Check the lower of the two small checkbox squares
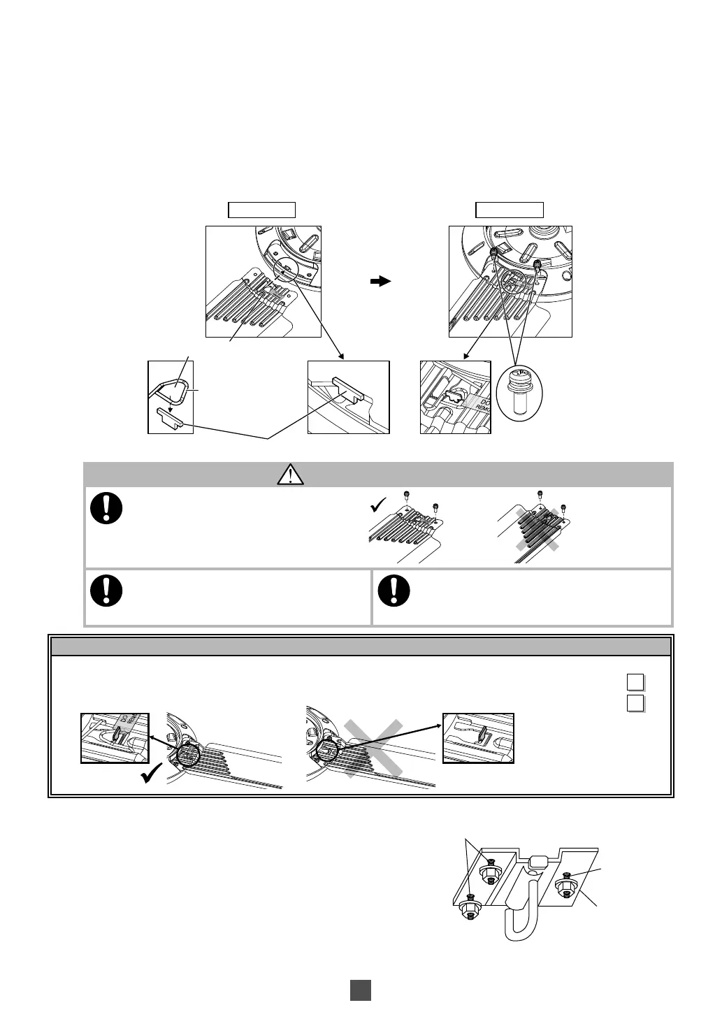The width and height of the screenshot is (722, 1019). (x=635, y=702)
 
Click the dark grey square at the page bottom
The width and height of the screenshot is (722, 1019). (x=360, y=990)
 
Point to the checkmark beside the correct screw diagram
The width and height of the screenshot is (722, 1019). (x=378, y=504)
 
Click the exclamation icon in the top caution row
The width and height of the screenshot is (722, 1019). (x=106, y=509)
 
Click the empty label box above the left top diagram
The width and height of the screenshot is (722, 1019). (x=262, y=210)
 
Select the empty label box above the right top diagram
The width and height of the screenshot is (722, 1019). (x=510, y=210)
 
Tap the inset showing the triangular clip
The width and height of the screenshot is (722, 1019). (x=171, y=397)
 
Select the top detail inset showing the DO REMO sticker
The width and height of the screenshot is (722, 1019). (x=455, y=397)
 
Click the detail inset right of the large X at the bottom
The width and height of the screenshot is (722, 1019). (x=479, y=738)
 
